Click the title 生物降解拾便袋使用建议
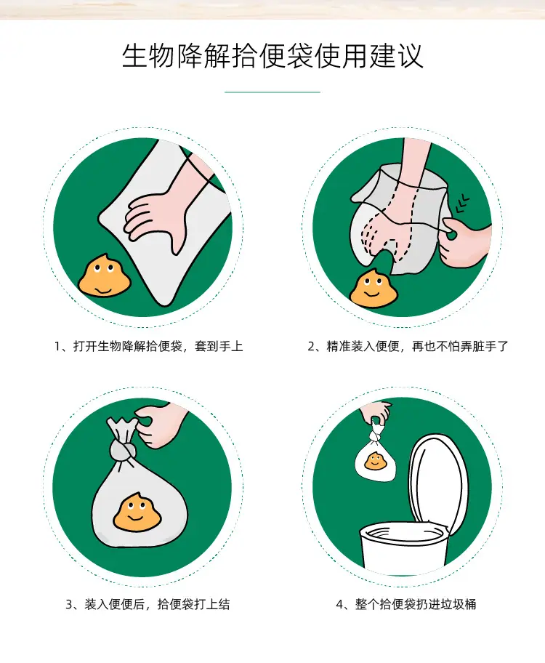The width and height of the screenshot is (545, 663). pyautogui.click(x=272, y=55)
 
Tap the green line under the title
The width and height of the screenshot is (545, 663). pyautogui.click(x=272, y=92)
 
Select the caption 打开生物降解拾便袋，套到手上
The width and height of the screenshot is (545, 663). pyautogui.click(x=158, y=346)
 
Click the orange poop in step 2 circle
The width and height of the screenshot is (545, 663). pyautogui.click(x=374, y=288)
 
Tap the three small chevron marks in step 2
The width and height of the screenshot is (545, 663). pyautogui.click(x=463, y=204)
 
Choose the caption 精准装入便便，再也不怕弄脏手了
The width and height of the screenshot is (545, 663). pyautogui.click(x=417, y=346)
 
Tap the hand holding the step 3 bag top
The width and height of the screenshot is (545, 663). pyautogui.click(x=160, y=425)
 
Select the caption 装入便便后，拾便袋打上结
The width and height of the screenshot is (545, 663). pyautogui.click(x=157, y=604)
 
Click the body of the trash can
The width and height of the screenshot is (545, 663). pyautogui.click(x=403, y=549)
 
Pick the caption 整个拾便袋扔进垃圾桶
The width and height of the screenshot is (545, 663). pyautogui.click(x=415, y=604)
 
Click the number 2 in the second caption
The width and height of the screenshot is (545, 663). pyautogui.click(x=311, y=347)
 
